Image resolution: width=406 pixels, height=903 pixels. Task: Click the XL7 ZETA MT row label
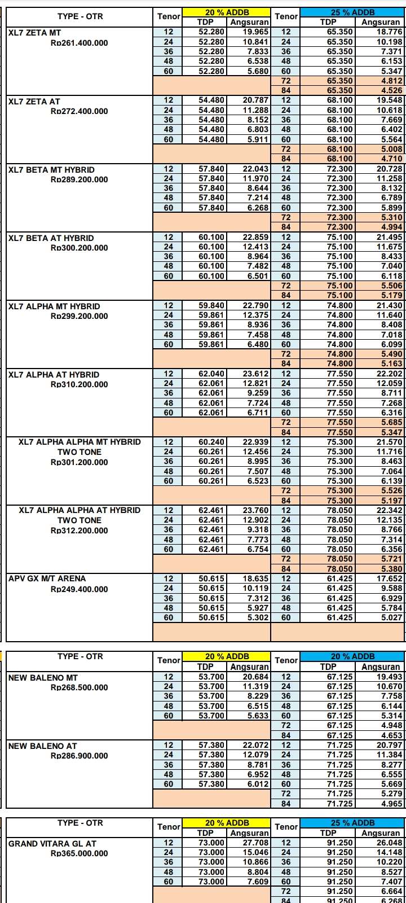pos(35,33)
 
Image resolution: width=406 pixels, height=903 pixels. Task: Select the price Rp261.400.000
pos(79,43)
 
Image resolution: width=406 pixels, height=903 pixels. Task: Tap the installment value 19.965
pos(255,32)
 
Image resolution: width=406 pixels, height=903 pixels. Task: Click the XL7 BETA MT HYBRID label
pos(51,169)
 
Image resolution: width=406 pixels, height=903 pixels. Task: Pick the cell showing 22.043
pos(255,169)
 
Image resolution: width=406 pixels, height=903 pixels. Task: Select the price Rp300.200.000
pos(79,248)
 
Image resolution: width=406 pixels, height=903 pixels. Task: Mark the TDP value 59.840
pos(211,306)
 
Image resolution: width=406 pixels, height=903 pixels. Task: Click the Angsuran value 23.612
pos(255,374)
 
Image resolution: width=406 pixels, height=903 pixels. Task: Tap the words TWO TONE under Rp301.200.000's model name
pos(79,452)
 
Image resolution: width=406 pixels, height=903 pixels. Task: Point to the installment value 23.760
pos(255,510)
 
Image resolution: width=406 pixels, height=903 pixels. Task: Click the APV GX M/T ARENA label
pos(47,578)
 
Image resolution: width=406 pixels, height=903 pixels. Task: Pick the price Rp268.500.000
pos(79,687)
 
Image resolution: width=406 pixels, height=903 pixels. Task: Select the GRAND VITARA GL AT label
pos(52,844)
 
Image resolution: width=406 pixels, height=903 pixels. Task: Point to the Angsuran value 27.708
pos(255,843)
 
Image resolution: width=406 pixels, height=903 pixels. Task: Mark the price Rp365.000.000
pos(79,853)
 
